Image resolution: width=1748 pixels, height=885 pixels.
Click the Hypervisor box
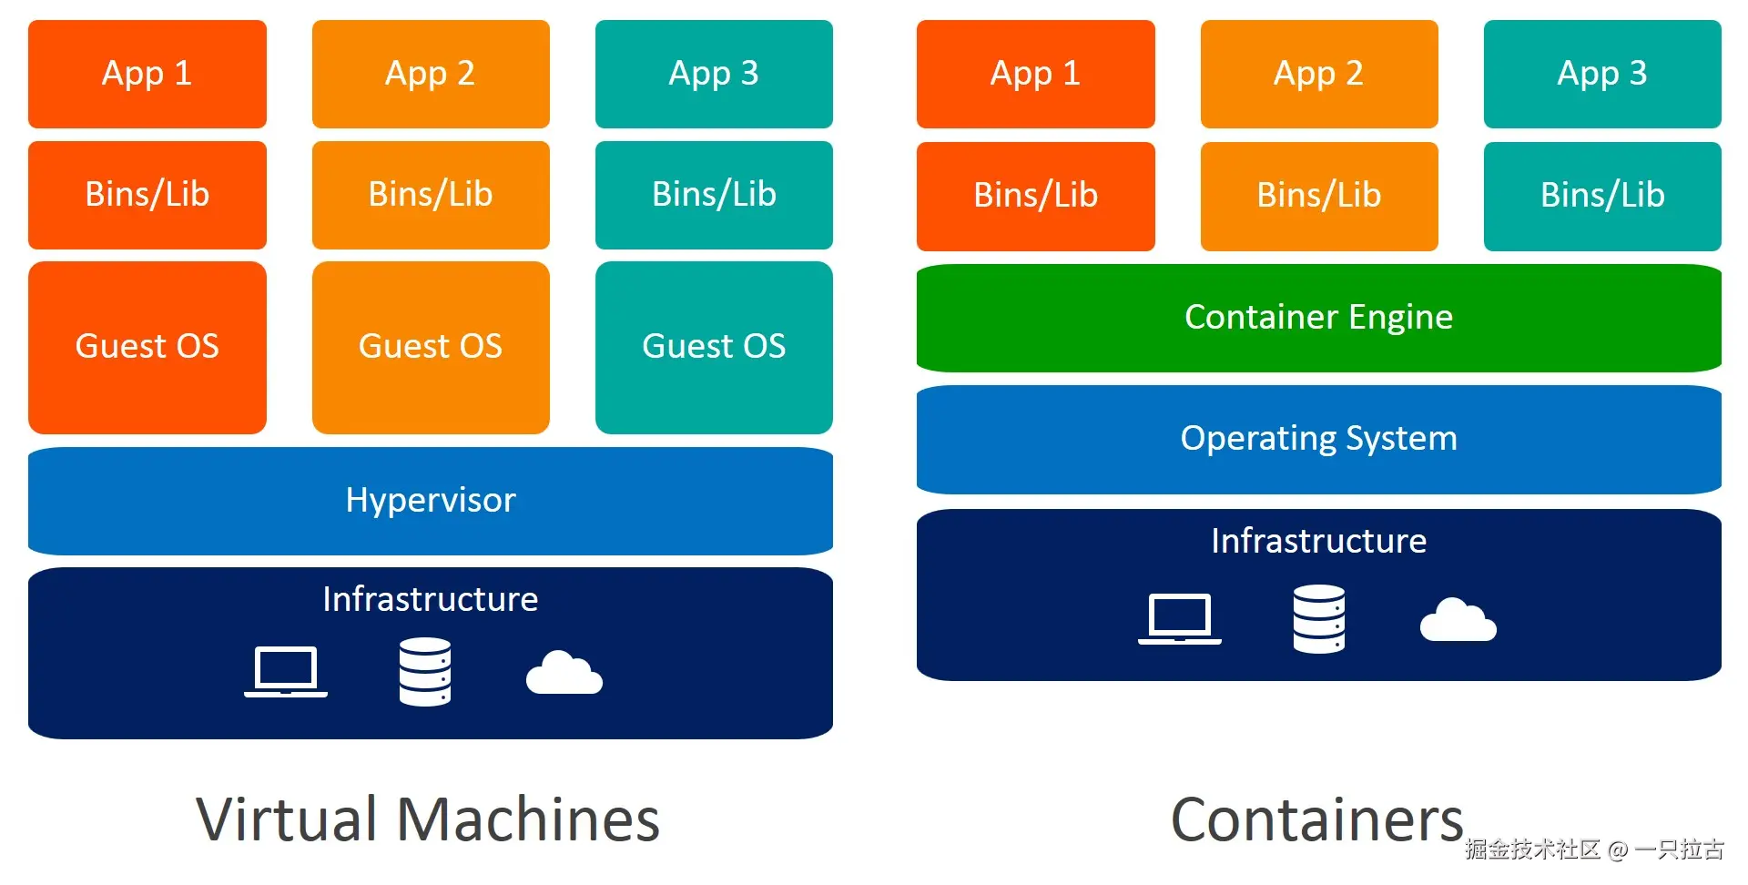coord(430,501)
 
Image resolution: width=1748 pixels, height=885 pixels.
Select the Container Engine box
coord(1318,318)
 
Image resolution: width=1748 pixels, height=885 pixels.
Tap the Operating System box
coord(1318,439)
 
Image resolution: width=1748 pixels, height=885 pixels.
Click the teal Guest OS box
coord(714,347)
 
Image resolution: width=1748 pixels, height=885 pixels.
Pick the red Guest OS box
coord(147,347)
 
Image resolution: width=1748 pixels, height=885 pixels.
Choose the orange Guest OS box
coord(431,347)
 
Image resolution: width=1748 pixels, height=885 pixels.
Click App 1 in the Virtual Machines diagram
coord(147,74)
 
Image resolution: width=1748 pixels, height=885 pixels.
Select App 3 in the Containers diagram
coord(1602,74)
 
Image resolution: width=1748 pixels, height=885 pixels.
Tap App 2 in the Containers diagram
coord(1318,74)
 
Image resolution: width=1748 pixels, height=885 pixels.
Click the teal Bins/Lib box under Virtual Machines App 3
coord(714,195)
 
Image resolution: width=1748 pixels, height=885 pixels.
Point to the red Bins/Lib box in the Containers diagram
coord(1035,196)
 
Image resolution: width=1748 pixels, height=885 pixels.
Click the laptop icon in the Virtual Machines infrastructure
coord(286,672)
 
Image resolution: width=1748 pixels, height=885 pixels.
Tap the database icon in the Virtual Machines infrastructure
coord(425,672)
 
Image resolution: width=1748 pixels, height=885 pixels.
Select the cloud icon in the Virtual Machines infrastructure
coord(564,674)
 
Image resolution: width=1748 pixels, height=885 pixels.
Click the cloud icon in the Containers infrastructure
coord(1458,621)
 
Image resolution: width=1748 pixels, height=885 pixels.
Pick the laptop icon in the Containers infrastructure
coord(1180,619)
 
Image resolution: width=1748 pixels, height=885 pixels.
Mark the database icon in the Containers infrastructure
coord(1319,619)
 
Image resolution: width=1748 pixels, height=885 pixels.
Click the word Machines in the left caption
coord(528,819)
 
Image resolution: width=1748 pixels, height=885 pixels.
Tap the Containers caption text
coord(1316,819)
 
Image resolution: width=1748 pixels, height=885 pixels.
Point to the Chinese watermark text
coord(1593,849)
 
